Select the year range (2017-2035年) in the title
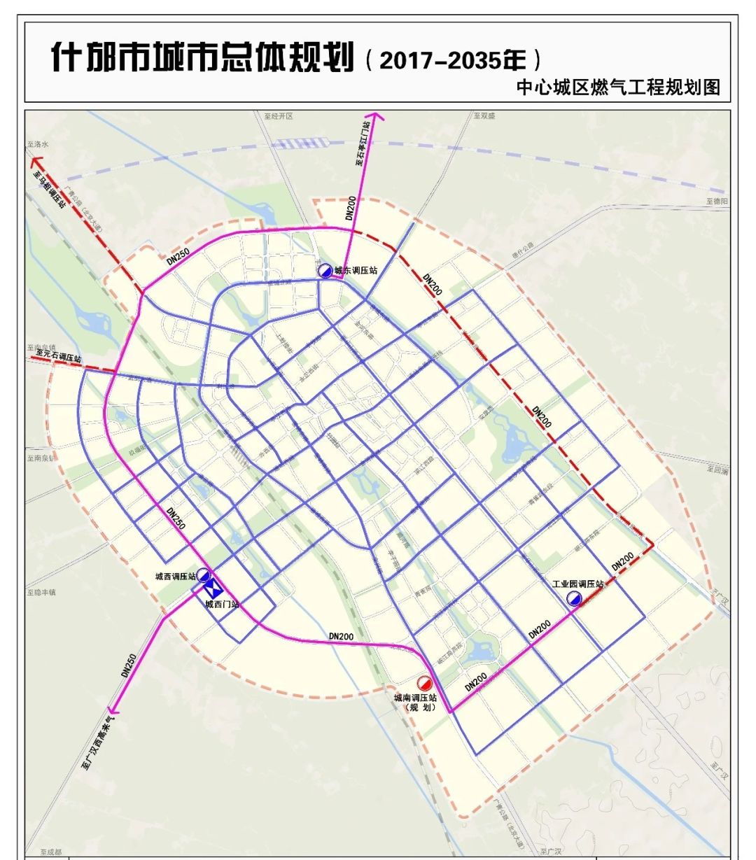(x=452, y=59)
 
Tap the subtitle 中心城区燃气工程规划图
(x=617, y=88)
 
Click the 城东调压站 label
(x=356, y=270)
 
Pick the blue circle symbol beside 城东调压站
(x=325, y=271)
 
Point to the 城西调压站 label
(x=175, y=577)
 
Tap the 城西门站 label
(x=221, y=604)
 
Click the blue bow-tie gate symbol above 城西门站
(x=212, y=588)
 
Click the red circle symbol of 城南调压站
(x=424, y=682)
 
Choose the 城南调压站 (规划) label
(x=415, y=703)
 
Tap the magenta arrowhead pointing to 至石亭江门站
(x=374, y=118)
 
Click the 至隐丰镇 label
(x=41, y=592)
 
